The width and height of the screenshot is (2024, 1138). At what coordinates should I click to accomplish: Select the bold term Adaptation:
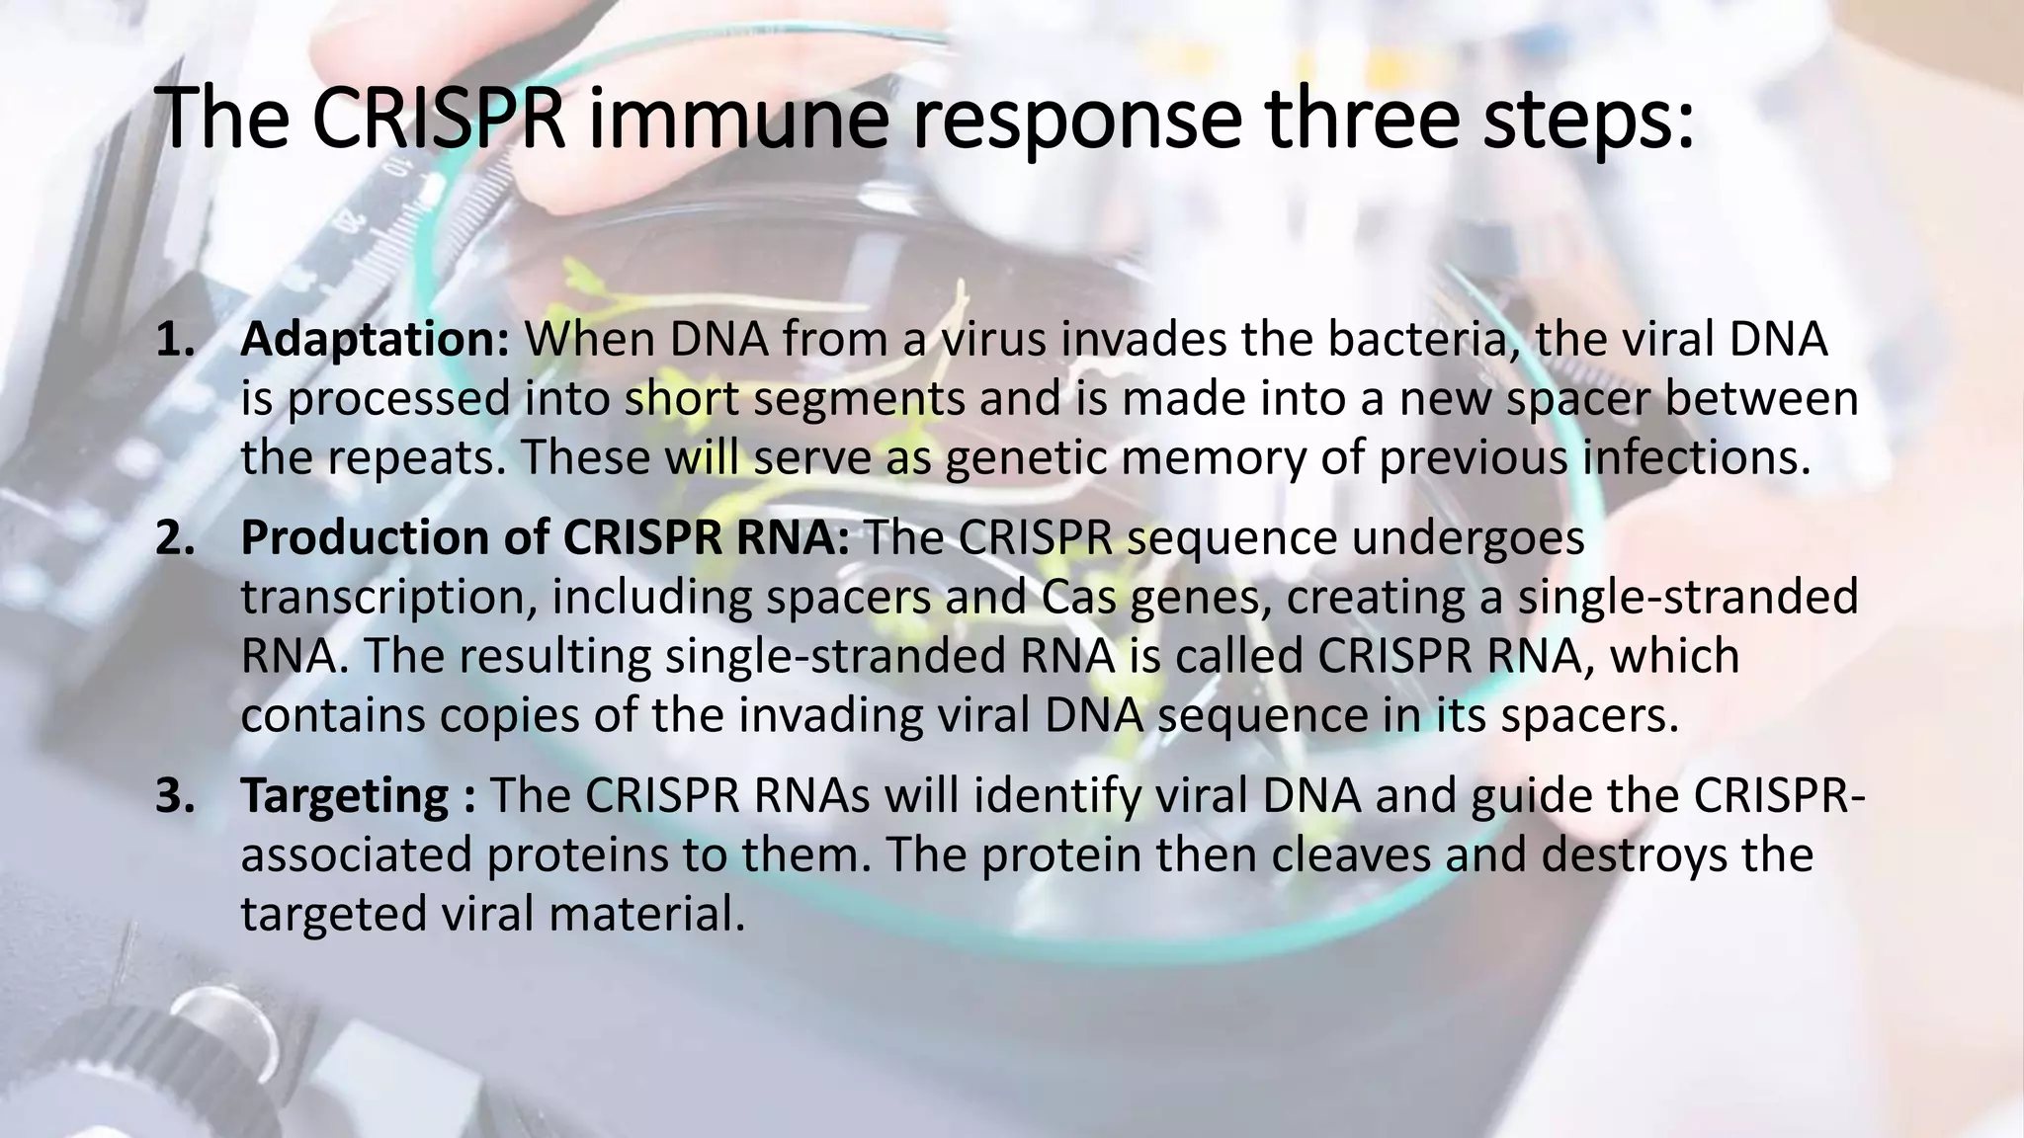coord(375,339)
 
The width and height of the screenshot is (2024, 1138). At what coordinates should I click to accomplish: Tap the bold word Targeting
coord(345,796)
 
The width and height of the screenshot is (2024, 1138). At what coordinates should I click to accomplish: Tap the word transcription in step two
coord(389,598)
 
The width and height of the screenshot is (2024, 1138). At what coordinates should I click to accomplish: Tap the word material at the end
coord(646,913)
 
